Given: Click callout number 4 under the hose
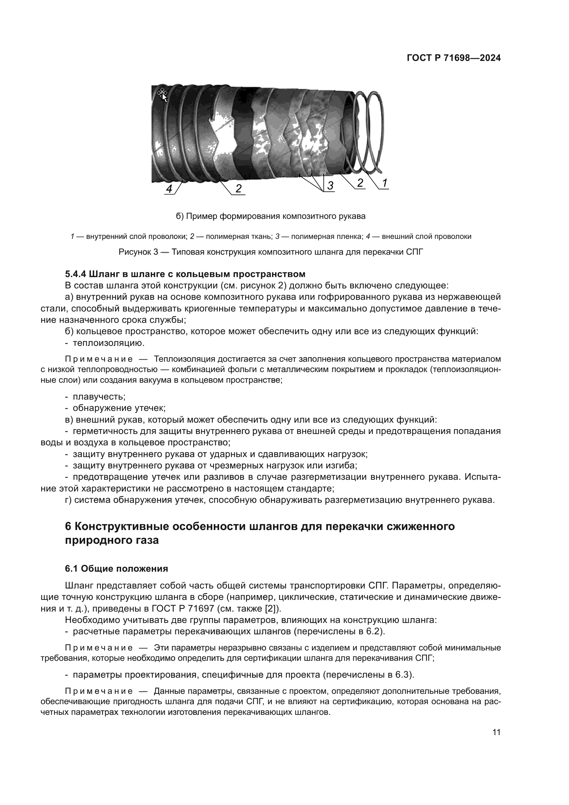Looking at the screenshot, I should coord(169,189).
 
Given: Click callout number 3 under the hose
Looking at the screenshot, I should coord(330,186).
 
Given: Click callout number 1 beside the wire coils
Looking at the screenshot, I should coord(384,183).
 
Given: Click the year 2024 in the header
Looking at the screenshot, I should coord(490,58).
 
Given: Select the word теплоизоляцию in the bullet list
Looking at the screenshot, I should coord(108,343).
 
